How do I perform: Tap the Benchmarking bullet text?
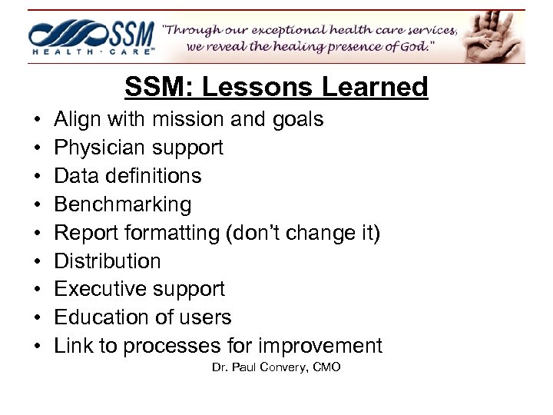123,204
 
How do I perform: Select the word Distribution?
108,261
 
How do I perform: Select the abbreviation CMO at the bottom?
326,367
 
